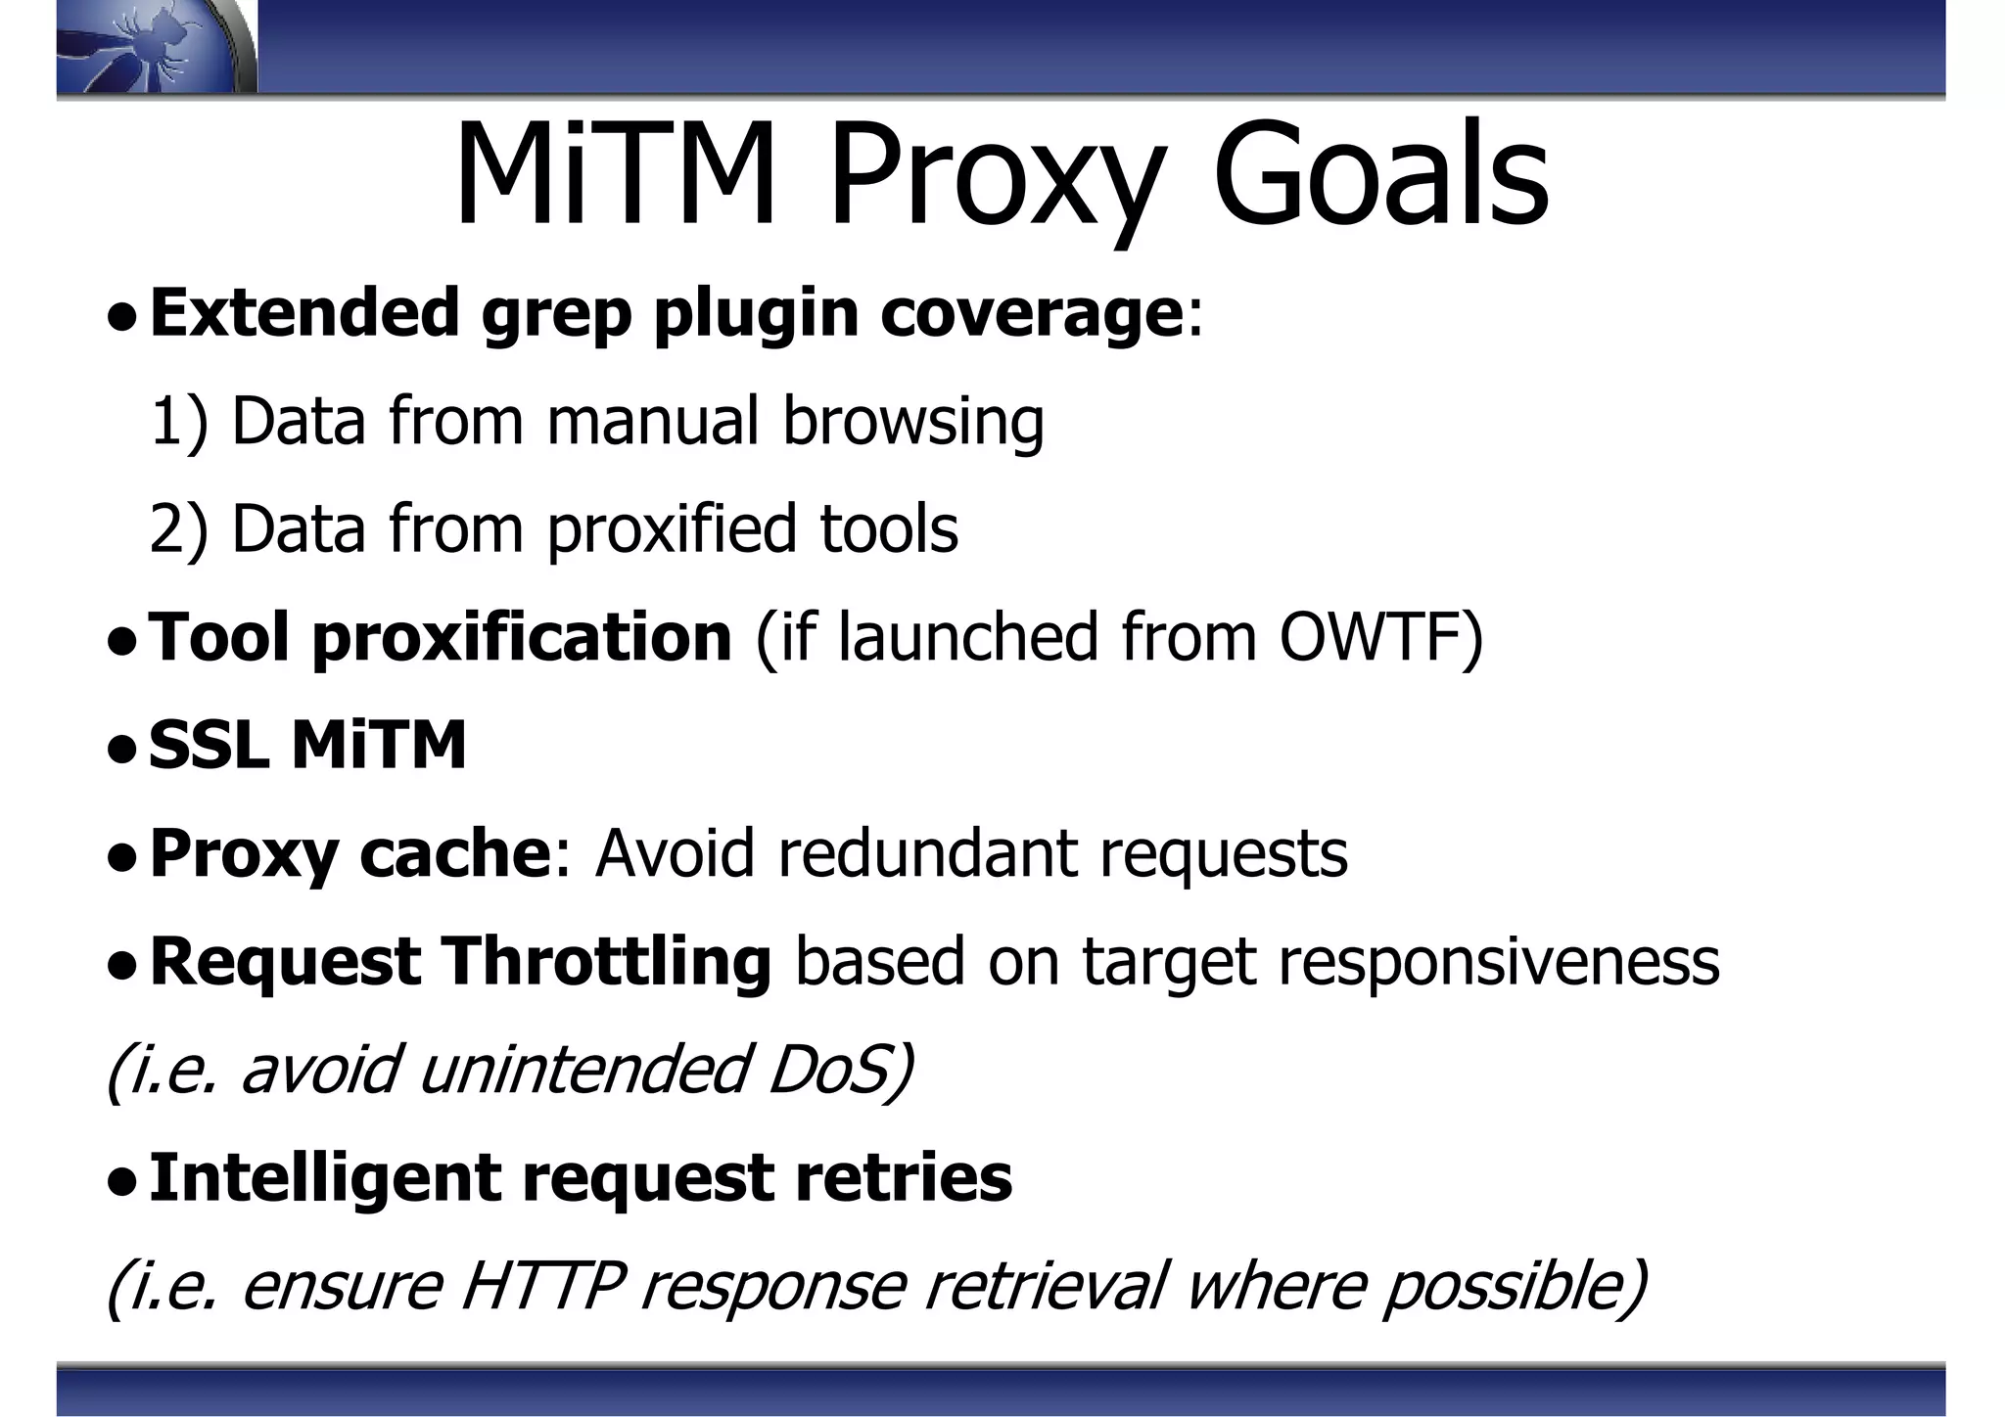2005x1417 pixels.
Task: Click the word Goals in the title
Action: click(x=1380, y=176)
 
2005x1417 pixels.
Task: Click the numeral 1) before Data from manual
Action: click(x=179, y=422)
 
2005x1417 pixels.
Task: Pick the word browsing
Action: click(x=912, y=422)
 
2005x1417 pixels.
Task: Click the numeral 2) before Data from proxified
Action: click(x=179, y=529)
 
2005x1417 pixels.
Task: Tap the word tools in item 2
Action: click(x=888, y=529)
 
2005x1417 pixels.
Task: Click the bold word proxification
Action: click(x=522, y=637)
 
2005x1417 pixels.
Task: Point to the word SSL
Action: click(x=209, y=746)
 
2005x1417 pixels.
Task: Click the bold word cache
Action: click(x=455, y=853)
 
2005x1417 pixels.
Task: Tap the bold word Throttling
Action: click(x=606, y=961)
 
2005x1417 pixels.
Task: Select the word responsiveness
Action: click(x=1498, y=961)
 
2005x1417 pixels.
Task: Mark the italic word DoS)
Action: click(x=840, y=1069)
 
